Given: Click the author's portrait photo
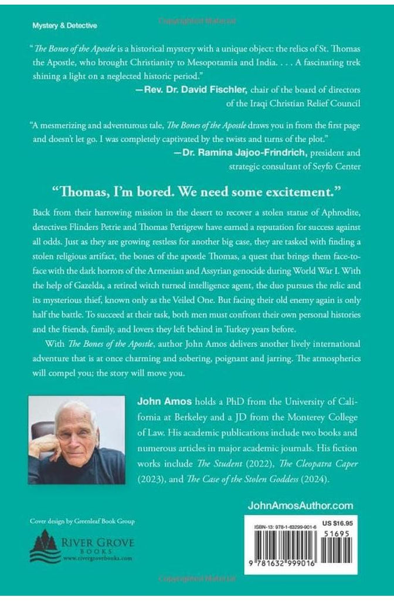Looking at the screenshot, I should click(x=76, y=440).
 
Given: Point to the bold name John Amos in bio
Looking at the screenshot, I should click(x=159, y=401).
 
